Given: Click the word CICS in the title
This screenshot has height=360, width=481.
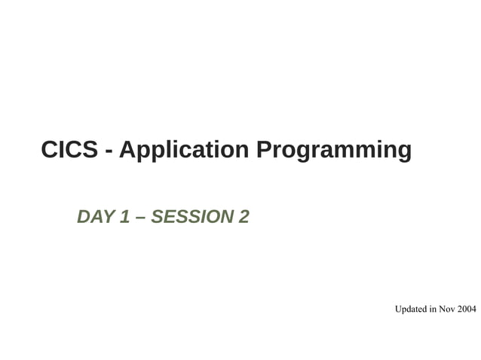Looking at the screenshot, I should click(69, 150).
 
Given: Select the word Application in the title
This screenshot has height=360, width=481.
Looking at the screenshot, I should click(184, 151).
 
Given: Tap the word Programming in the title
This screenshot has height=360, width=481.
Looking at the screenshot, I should click(334, 151).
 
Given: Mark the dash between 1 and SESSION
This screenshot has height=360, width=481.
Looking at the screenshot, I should click(140, 218).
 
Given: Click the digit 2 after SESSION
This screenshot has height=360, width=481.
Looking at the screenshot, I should click(244, 217).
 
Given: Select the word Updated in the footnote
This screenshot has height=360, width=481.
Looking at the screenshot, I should click(411, 309).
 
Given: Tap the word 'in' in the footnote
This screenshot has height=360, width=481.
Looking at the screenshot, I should click(434, 309).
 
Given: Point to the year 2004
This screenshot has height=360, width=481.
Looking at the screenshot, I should click(467, 309).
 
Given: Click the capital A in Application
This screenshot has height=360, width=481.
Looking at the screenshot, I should click(127, 150).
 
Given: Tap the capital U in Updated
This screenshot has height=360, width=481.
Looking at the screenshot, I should click(398, 309).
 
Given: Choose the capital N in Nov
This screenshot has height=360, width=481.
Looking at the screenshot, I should click(443, 309).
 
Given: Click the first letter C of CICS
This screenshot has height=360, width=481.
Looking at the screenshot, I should click(49, 150).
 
